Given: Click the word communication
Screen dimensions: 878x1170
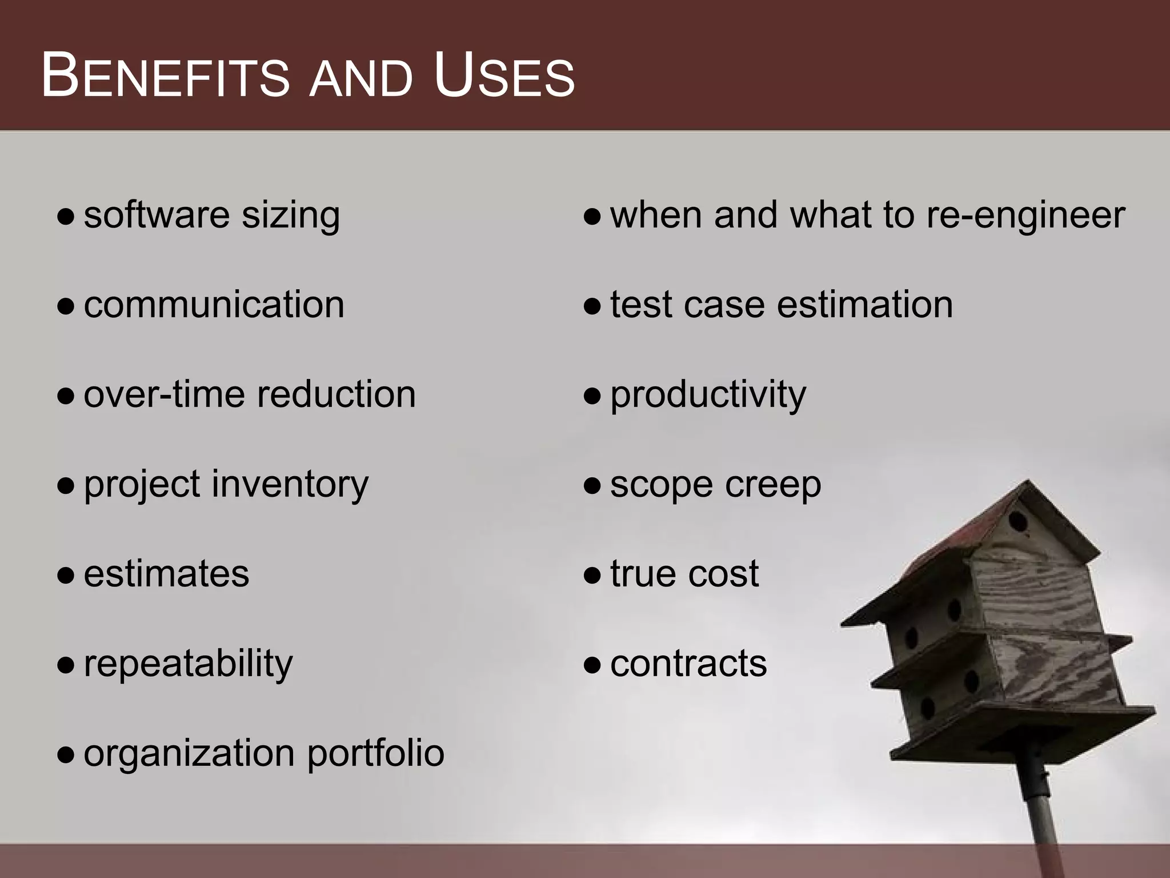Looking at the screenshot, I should click(214, 304).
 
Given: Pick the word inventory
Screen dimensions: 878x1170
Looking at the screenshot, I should click(290, 485).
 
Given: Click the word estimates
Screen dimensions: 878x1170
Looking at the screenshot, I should click(166, 574).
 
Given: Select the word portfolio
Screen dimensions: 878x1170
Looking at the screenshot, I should click(375, 753).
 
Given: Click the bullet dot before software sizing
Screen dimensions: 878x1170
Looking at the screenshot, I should click(66, 217).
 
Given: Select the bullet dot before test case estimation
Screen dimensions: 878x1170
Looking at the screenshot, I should click(592, 307).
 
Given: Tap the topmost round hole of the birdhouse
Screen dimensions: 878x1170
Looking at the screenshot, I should click(1017, 521).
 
